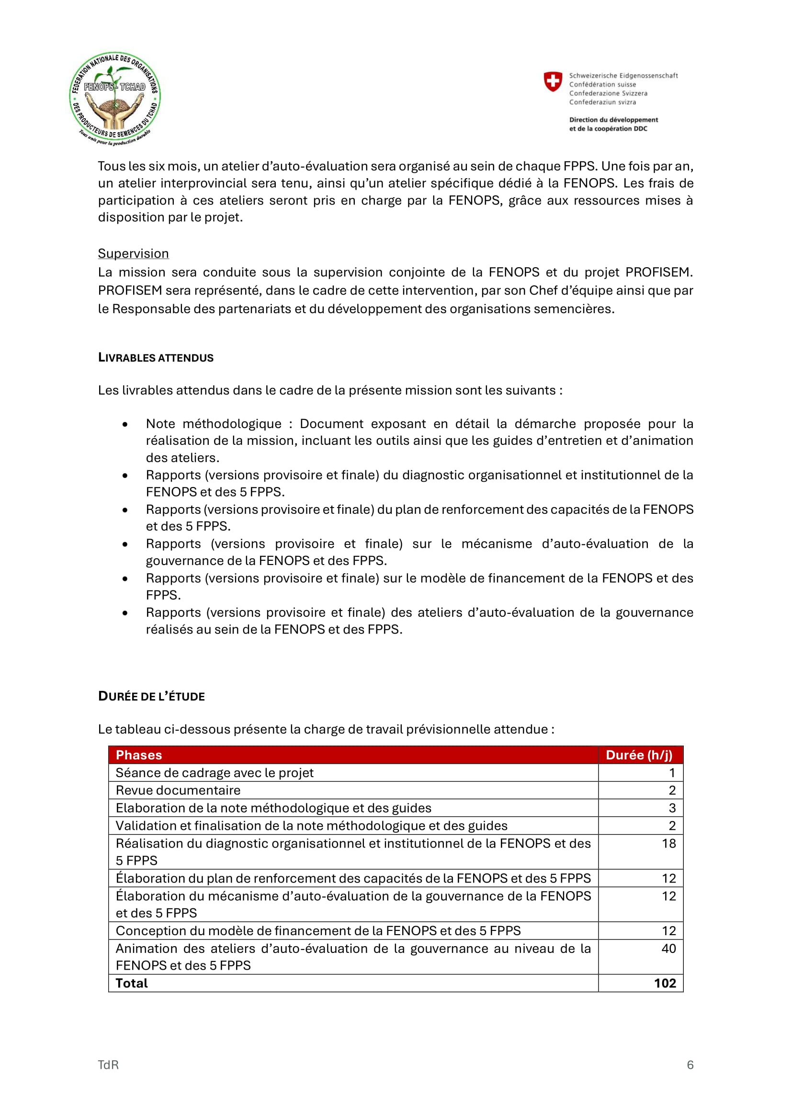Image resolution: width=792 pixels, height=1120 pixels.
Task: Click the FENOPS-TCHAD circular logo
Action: pos(115,98)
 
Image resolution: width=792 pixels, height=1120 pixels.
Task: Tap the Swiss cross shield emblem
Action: pos(553,81)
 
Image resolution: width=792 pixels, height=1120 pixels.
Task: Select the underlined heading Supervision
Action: pos(133,254)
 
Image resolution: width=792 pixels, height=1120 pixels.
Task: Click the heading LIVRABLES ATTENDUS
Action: pos(156,358)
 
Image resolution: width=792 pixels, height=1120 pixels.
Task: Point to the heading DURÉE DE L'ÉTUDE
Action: pos(151,696)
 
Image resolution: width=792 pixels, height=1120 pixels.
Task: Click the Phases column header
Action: pos(139,755)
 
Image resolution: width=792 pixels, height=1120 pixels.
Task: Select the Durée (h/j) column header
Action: pos(639,755)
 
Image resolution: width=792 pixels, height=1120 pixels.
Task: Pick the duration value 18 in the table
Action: pos(668,843)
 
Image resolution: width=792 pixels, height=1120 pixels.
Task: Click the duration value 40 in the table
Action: pos(668,949)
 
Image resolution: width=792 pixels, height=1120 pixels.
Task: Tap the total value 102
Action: pos(665,984)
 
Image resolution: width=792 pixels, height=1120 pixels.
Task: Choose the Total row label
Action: pos(132,984)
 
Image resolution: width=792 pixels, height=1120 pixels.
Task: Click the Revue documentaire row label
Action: pos(178,790)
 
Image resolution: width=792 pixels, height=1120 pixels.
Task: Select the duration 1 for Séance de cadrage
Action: pos(672,773)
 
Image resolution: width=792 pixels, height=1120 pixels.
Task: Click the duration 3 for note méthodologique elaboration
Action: pos(672,808)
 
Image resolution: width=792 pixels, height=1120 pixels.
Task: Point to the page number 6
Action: pos(690,1065)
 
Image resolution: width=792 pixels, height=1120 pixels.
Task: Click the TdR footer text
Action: pos(108,1065)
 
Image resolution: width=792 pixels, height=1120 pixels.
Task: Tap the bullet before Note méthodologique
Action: pos(125,424)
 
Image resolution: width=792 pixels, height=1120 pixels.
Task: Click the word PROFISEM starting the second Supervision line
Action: pos(130,291)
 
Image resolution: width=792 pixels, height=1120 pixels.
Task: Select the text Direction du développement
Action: pos(613,120)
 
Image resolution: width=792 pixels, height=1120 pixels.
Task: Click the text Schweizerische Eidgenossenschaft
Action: pos(623,76)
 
